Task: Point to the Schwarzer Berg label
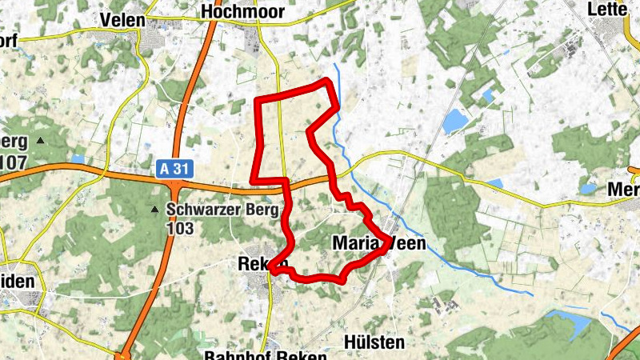pyautogui.click(x=222, y=210)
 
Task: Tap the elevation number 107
pyautogui.click(x=14, y=162)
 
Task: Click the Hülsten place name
pyautogui.click(x=373, y=342)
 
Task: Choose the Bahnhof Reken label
pyautogui.click(x=266, y=355)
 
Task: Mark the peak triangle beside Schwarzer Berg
pyautogui.click(x=154, y=210)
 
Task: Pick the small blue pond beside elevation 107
pyautogui.click(x=77, y=159)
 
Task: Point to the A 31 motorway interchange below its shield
pyautogui.click(x=174, y=189)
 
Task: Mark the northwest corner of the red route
pyautogui.click(x=256, y=99)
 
